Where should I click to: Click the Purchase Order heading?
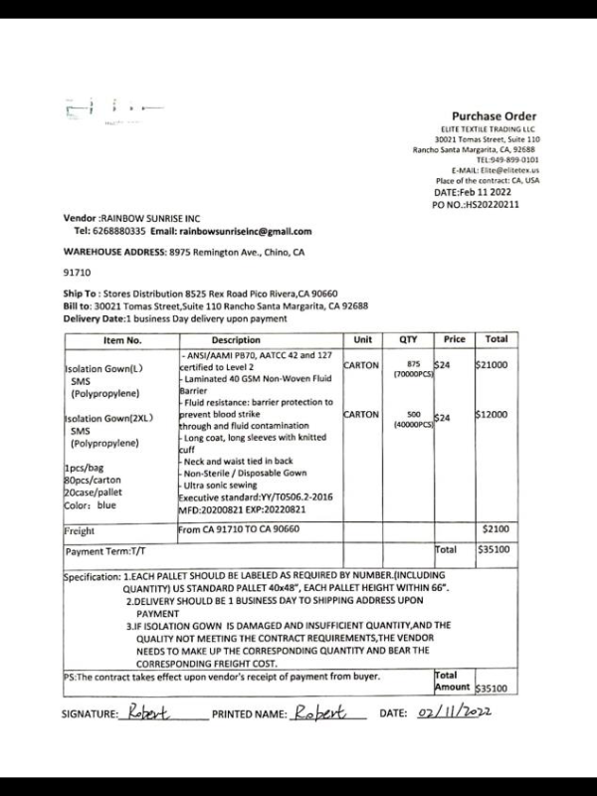tap(495, 116)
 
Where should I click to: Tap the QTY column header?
tap(408, 340)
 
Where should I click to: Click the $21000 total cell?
tap(492, 365)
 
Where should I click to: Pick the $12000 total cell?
tap(492, 415)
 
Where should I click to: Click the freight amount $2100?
tap(495, 530)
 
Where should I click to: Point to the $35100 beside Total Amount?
tap(491, 688)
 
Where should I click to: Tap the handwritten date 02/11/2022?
tap(456, 713)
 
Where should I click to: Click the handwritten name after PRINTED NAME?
tap(317, 713)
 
